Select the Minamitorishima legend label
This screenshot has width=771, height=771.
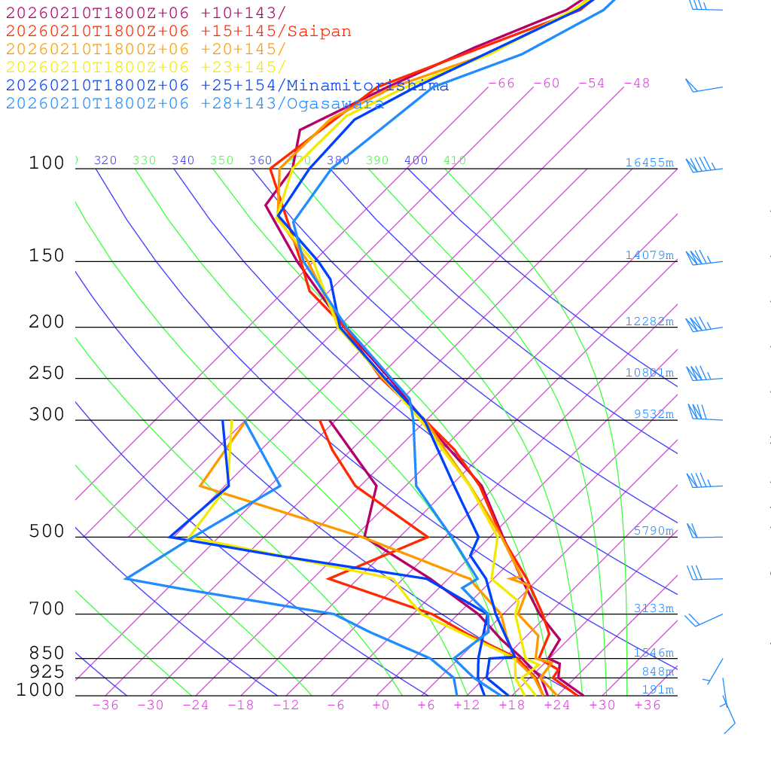coord(368,85)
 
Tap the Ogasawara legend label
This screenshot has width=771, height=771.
coord(335,103)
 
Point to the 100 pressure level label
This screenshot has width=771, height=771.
coord(47,163)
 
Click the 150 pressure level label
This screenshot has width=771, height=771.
coord(47,256)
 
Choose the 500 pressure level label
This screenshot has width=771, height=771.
coord(47,532)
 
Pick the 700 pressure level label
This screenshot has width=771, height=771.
coord(47,609)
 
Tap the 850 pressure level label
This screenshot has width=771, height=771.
coord(47,654)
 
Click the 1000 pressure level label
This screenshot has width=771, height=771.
coord(40,690)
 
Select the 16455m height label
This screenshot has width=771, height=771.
coord(649,163)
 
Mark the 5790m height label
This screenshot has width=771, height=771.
coord(654,531)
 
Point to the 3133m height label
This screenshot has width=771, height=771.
coord(654,608)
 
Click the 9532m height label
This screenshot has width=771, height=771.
coord(654,414)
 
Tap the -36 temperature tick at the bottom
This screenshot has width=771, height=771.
coord(105,705)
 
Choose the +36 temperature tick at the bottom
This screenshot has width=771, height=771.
coord(647,705)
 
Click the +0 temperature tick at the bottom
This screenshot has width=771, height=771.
coord(381,705)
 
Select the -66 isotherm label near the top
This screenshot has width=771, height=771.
coord(501,84)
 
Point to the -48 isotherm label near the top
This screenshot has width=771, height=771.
coord(636,84)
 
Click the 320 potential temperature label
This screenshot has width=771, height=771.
coord(105,160)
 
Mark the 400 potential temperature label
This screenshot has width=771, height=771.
coord(416,160)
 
